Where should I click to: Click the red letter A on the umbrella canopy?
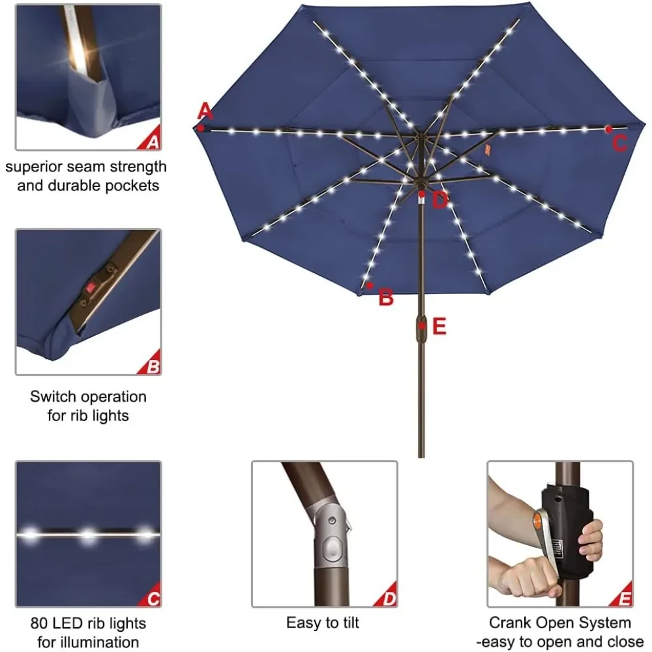[205, 111]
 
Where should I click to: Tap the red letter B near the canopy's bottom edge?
[386, 298]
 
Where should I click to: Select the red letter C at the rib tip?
[620, 143]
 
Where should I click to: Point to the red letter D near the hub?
[440, 200]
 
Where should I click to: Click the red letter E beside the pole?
[439, 326]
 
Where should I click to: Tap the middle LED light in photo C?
[87, 537]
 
